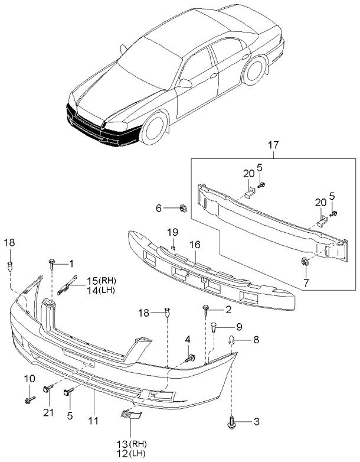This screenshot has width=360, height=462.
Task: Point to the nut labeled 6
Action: click(183, 208)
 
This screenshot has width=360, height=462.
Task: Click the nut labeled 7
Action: click(305, 262)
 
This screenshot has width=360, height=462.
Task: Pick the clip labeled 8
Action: click(233, 340)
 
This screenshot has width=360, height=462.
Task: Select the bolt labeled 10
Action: click(28, 400)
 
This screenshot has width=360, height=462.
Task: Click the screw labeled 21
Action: click(47, 389)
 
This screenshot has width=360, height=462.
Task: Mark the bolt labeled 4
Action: click(191, 358)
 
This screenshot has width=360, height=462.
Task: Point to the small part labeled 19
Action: click(173, 245)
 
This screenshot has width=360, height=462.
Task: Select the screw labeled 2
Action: click(207, 308)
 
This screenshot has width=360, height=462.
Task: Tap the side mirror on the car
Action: click(184, 83)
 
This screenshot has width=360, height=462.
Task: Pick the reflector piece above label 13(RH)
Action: click(133, 416)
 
